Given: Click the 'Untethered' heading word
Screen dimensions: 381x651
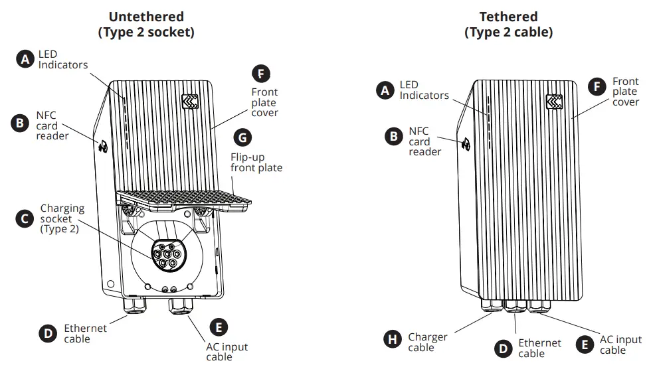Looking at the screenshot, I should click(x=146, y=17).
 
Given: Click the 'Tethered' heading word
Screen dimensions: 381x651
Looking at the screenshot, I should click(x=508, y=17).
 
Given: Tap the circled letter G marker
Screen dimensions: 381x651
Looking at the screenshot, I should click(x=244, y=137).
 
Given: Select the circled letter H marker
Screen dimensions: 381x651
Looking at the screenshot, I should click(x=393, y=339).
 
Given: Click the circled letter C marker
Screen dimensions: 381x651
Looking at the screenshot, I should click(x=25, y=219).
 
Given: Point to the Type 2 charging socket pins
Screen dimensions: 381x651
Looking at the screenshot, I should click(x=166, y=253).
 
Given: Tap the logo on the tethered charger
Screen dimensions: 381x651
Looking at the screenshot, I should click(x=555, y=101).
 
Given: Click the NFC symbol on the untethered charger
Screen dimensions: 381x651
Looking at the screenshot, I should click(x=104, y=147).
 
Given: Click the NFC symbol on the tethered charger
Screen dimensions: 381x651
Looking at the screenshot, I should click(x=466, y=141).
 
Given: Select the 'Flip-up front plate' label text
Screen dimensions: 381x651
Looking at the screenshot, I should click(x=256, y=162).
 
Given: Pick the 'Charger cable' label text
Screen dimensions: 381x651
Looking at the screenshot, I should click(x=427, y=342).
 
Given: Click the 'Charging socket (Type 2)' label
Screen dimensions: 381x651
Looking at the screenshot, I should click(x=62, y=219).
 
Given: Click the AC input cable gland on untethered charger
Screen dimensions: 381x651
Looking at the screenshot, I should click(x=181, y=307).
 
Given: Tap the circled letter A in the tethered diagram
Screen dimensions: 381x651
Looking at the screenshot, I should click(x=385, y=91).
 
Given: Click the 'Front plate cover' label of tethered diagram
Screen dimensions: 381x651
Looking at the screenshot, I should click(x=625, y=92).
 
